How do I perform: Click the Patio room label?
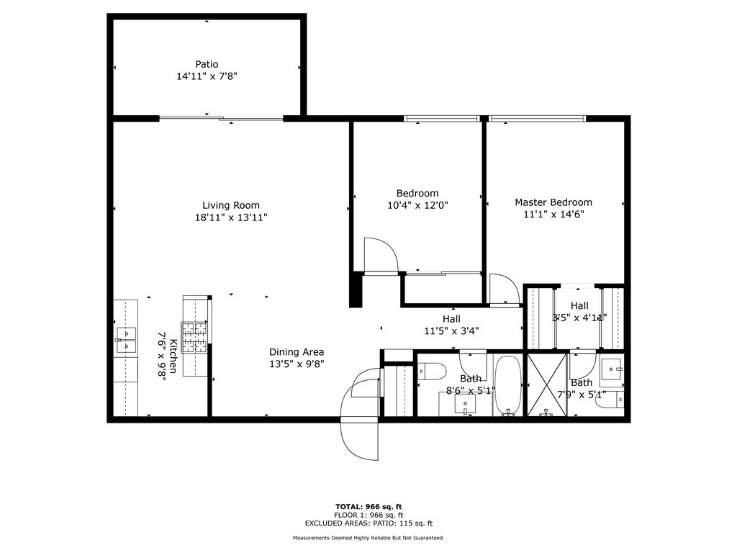pos(207,64)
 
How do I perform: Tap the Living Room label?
pos(231,205)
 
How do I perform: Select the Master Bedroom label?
pos(553,202)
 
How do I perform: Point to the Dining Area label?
pos(297,351)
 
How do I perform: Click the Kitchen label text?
pos(173,356)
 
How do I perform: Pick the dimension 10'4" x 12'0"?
pos(417,205)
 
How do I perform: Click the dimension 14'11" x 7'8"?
pos(207,76)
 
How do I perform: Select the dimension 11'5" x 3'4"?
pos(451,331)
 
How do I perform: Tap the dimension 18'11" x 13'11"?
pos(231,217)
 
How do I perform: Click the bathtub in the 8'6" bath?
pos(508,386)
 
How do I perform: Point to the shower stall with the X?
pos(547,385)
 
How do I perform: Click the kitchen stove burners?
pos(194,337)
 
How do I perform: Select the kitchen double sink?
pos(126,340)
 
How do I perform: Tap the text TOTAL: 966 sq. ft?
pos(368,506)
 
